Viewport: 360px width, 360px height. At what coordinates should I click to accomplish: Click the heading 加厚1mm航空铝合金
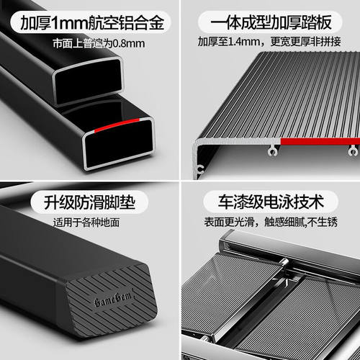(x=92, y=23)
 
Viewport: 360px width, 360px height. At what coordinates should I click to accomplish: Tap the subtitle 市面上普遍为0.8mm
(x=99, y=43)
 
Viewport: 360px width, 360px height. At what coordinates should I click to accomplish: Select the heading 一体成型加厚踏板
(x=271, y=22)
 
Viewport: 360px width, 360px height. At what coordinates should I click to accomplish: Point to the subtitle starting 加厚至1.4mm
(x=269, y=42)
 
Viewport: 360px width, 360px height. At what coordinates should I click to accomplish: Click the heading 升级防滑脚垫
(x=89, y=202)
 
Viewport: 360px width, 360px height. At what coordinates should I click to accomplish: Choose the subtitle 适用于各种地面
(x=86, y=222)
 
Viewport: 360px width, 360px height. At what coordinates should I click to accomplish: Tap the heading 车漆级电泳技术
(x=271, y=202)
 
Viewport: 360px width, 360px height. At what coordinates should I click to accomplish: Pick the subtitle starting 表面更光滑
(x=271, y=222)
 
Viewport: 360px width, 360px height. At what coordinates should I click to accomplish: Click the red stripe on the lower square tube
(x=117, y=125)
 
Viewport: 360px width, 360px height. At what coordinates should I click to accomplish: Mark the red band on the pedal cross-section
(x=320, y=142)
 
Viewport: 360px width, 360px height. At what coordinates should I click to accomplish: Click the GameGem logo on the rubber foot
(x=113, y=299)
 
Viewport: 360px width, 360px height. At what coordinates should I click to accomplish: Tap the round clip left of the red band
(x=272, y=151)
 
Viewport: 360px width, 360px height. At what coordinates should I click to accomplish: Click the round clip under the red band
(x=354, y=151)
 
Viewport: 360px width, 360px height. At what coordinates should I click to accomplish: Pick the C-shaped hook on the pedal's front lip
(x=200, y=169)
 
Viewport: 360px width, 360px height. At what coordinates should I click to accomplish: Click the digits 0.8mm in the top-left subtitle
(x=129, y=44)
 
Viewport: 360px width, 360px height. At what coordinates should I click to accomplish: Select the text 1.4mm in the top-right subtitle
(x=244, y=42)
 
